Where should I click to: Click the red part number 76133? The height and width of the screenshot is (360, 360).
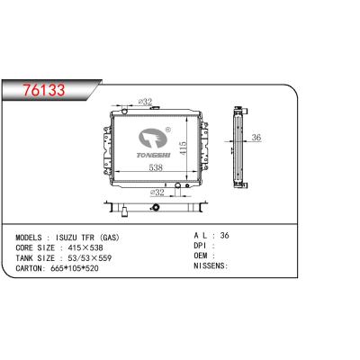point(44,90)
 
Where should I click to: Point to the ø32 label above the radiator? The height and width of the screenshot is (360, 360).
point(146,102)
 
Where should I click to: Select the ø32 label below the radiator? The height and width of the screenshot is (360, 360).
point(157,193)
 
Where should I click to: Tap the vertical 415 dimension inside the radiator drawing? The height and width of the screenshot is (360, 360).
point(183,148)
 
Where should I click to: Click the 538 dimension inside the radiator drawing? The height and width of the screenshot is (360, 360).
point(156,167)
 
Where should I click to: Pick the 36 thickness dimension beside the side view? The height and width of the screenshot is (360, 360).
point(256,138)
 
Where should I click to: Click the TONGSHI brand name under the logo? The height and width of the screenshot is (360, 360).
point(154,155)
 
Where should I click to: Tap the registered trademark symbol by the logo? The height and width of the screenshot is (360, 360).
point(168,130)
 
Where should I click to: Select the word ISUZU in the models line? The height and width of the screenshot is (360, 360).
point(65,238)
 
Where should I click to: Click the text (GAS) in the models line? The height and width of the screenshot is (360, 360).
point(109,238)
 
